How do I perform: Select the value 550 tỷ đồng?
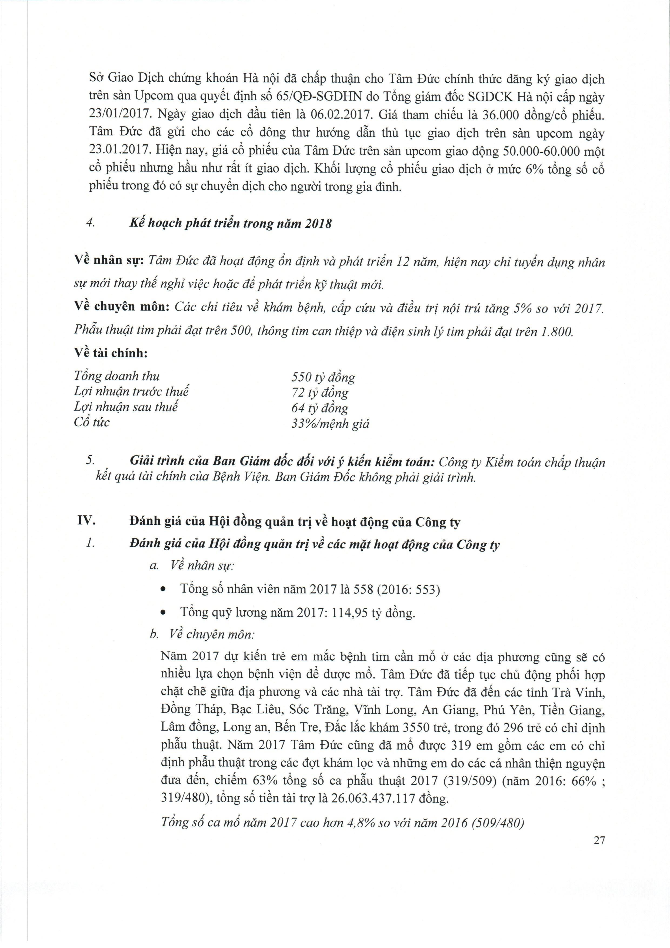click(323, 377)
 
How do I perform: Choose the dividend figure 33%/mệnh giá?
click(330, 423)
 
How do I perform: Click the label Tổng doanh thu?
click(116, 376)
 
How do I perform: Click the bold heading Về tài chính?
click(111, 353)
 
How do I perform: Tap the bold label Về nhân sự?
click(109, 261)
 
